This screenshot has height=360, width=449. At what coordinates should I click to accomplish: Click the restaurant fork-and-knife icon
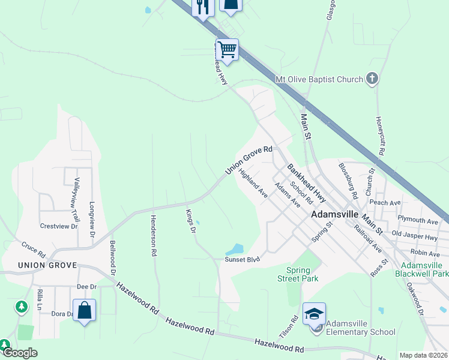[203, 7]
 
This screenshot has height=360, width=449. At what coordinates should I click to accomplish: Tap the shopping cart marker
[228, 49]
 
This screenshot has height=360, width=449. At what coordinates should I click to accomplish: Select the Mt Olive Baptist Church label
[319, 79]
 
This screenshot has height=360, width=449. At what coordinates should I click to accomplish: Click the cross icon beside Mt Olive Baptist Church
[372, 79]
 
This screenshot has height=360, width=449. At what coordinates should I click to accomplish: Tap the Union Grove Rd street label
[249, 161]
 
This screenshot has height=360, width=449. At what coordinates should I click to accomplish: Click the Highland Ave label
[253, 184]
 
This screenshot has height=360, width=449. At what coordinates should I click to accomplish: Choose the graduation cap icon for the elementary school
[314, 314]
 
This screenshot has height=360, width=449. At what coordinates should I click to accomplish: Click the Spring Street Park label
[298, 274]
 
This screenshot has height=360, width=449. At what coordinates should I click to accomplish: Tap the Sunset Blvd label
[242, 259]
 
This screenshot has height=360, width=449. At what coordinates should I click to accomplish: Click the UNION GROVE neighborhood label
[47, 265]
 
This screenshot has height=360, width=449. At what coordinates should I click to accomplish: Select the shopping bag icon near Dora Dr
[85, 310]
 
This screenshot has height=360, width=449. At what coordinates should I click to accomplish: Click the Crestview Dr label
[59, 226]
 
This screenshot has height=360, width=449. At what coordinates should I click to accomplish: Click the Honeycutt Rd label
[379, 136]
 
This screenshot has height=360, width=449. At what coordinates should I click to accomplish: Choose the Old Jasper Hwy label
[414, 233]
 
